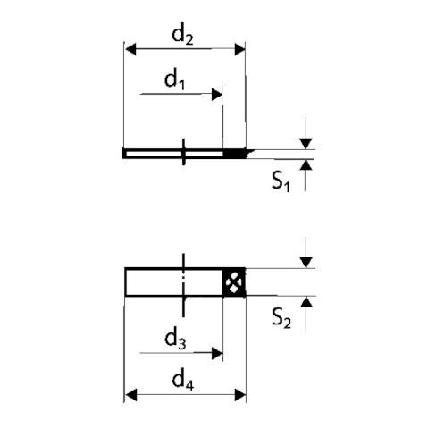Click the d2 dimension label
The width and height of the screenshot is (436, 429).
pos(182,36)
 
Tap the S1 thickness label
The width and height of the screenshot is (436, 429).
pos(281,181)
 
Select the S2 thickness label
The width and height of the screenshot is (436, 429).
pos(281,318)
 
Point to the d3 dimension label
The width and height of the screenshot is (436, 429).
pos(175,340)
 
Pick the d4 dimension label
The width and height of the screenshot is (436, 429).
pos(183,381)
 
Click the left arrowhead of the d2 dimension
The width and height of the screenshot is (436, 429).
pos(130,49)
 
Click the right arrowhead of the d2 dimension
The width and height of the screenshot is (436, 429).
pos(239,49)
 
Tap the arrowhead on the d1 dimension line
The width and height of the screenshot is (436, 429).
pos(217,95)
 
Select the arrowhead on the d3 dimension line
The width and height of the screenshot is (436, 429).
pos(217,353)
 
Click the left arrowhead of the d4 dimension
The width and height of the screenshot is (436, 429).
pos(131,395)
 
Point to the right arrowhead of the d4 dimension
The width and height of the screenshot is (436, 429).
pos(240,395)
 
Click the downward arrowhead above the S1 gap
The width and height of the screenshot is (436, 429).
pos(306,144)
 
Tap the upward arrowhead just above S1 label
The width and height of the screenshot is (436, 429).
pos(306,164)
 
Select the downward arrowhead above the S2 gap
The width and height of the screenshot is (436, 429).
pos(306,263)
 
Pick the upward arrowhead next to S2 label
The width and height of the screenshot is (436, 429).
pos(306,302)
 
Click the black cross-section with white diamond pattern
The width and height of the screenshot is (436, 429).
pos(234,282)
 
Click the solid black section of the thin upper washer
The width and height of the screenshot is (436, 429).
pos(235,154)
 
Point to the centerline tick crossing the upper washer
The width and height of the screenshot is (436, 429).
pos(183,152)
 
